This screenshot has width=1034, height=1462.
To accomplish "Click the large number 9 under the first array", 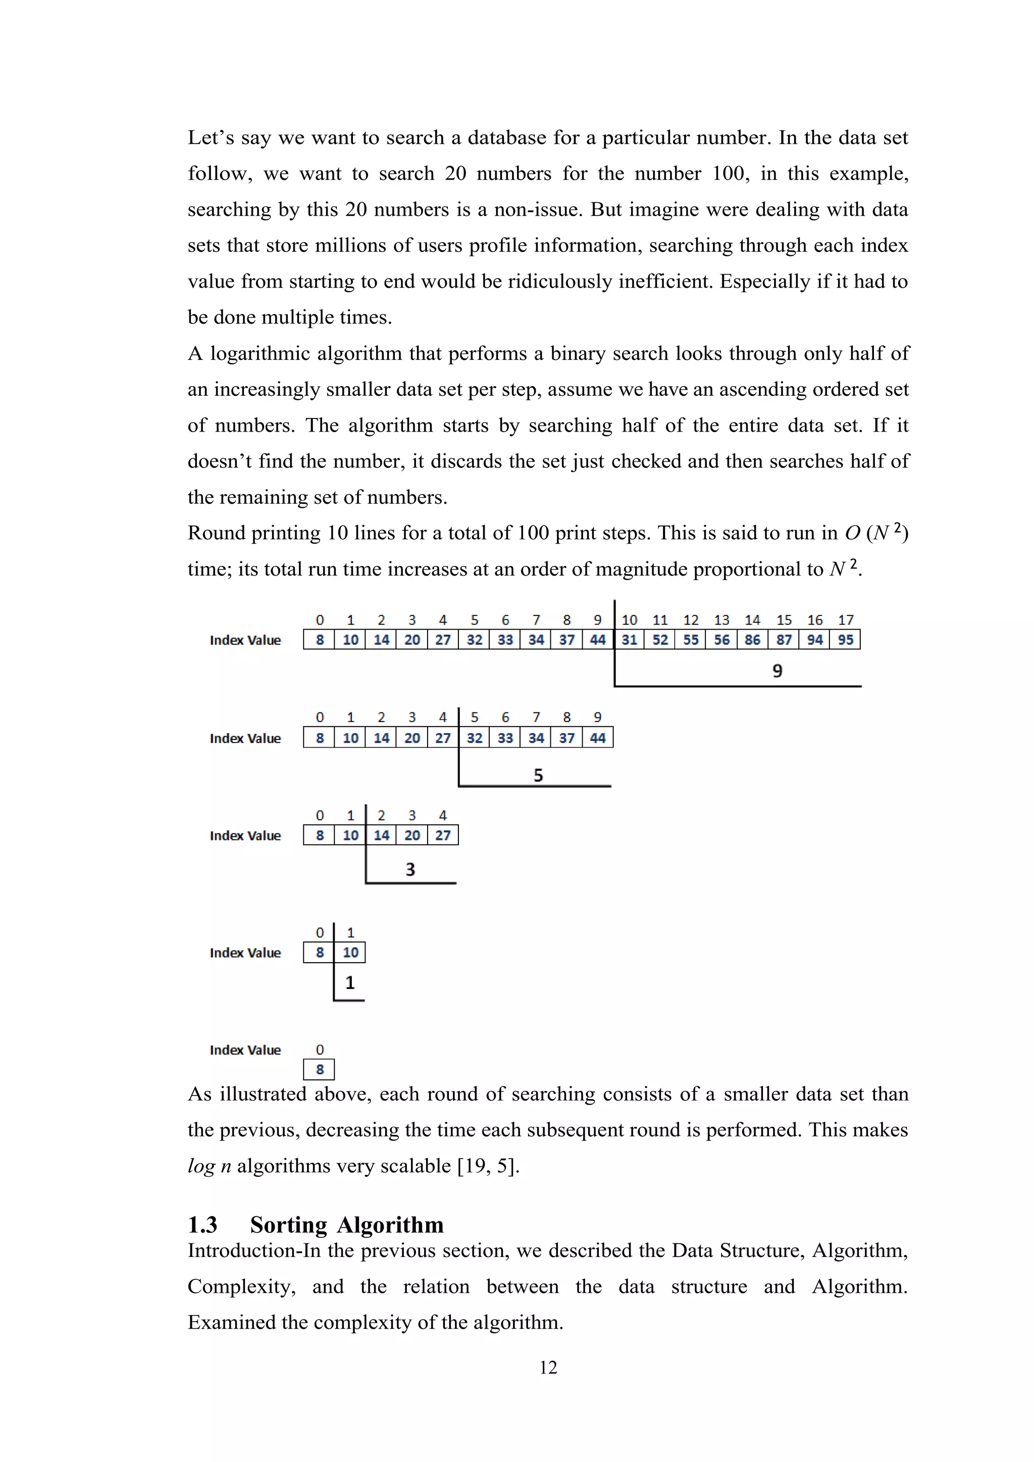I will tap(777, 670).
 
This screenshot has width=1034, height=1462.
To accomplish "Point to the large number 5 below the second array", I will tap(538, 775).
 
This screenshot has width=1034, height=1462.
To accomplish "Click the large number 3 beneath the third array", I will tap(410, 869).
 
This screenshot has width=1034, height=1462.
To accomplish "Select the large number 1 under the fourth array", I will tap(349, 982).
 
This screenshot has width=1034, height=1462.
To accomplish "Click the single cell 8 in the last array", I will tap(320, 1069).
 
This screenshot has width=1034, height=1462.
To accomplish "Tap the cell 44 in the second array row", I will tap(597, 738).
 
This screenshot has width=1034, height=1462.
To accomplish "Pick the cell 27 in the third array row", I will tap(442, 835).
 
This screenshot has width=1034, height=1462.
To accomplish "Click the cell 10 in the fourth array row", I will tap(350, 952).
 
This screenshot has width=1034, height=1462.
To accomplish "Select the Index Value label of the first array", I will tap(245, 640).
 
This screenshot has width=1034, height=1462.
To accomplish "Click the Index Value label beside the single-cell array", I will tap(245, 1050).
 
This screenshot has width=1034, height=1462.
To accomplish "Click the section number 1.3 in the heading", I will tap(202, 1225).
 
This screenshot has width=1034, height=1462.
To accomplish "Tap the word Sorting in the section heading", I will tap(288, 1225).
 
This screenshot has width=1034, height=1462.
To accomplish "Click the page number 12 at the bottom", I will tap(548, 1367).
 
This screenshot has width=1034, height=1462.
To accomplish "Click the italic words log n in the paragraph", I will tap(209, 1165).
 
